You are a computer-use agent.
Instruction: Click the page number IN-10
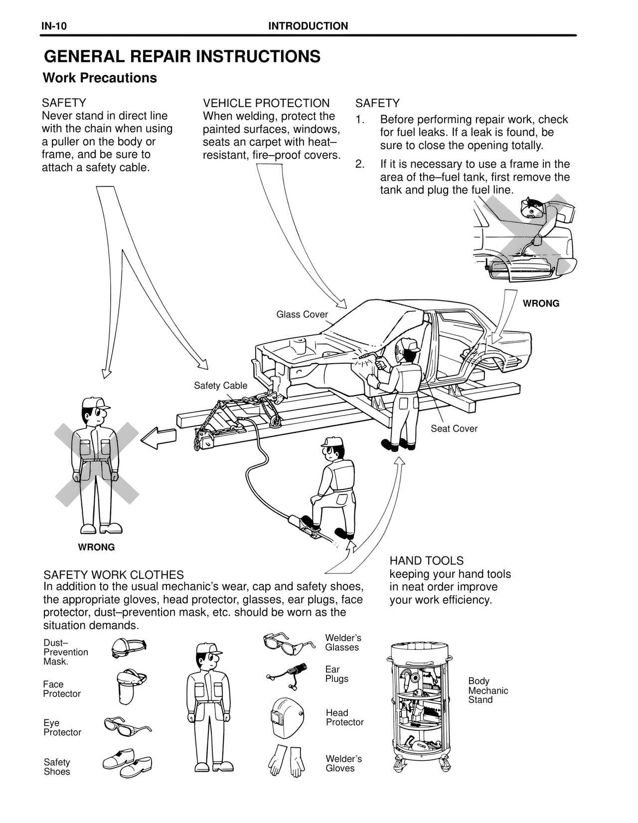(54, 26)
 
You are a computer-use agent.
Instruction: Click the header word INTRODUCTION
(308, 26)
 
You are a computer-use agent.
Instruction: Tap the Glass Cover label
(302, 314)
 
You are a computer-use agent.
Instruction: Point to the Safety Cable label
(220, 385)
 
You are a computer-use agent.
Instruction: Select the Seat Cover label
(454, 428)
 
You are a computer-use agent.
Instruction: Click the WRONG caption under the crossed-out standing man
(96, 547)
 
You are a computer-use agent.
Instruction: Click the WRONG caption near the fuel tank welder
(541, 303)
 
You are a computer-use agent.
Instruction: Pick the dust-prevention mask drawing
(129, 648)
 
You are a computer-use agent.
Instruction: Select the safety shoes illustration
(127, 763)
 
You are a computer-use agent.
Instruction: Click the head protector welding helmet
(288, 716)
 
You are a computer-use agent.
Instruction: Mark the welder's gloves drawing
(287, 761)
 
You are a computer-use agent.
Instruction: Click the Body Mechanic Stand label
(488, 690)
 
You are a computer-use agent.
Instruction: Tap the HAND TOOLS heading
(427, 560)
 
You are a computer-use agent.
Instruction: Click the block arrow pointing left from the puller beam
(159, 438)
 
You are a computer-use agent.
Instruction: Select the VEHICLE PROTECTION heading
(266, 103)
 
